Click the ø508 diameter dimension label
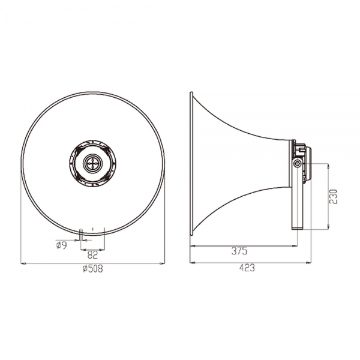tap(93, 268)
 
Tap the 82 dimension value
tap(92, 254)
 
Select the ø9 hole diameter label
tap(61, 245)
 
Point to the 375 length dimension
tap(239, 251)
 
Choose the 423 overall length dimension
tap(247, 268)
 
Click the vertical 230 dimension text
tap(334, 197)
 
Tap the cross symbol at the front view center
tap(92, 163)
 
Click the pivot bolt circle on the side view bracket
tap(298, 163)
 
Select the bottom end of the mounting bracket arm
tap(298, 228)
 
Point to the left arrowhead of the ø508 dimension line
tap(23, 263)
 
